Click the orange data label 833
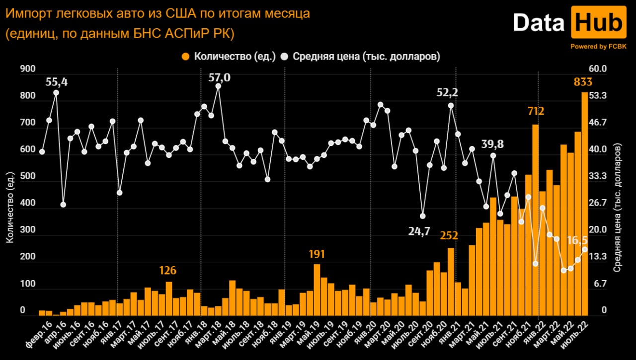click(x=582, y=81)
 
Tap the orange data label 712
click(x=535, y=111)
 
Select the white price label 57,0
click(x=219, y=77)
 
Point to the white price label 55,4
click(x=56, y=82)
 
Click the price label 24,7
click(x=419, y=231)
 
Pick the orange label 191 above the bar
click(x=317, y=254)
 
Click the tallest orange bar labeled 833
click(x=585, y=204)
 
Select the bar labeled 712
click(x=535, y=218)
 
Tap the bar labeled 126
click(x=169, y=298)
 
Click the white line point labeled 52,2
click(x=451, y=105)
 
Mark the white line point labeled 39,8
click(x=493, y=155)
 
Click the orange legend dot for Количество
click(x=186, y=56)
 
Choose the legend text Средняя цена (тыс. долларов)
click(x=366, y=56)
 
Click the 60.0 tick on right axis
click(x=598, y=69)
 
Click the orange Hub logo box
click(x=598, y=23)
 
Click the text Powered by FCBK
click(x=598, y=46)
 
